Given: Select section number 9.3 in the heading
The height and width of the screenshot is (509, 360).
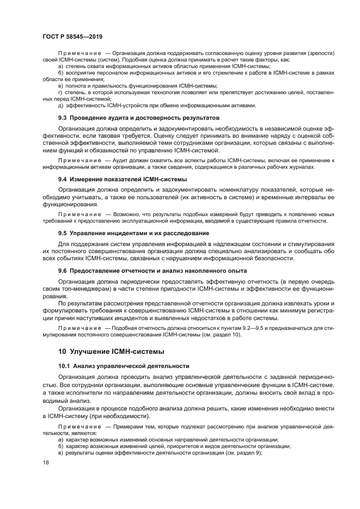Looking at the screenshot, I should pyautogui.click(x=63, y=118).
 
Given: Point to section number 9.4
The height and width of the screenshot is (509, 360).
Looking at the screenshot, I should pyautogui.click(x=63, y=179).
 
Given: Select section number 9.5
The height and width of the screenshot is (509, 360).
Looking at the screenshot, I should pyautogui.click(x=63, y=233).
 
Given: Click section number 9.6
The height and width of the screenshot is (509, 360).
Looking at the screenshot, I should pyautogui.click(x=63, y=271).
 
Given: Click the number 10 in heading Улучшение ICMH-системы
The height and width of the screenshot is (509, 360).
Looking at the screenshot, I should pyautogui.click(x=63, y=351).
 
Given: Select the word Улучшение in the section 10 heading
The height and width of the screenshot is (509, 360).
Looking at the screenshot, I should pyautogui.click(x=96, y=351).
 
